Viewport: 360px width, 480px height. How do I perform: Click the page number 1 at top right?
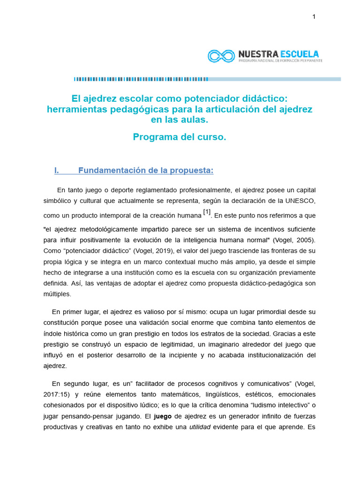(314, 17)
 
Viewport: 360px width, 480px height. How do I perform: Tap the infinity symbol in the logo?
(221, 56)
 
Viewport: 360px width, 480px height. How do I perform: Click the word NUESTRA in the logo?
(259, 54)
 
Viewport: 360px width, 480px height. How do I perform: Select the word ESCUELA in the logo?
(301, 54)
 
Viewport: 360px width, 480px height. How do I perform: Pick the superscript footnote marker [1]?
(207, 212)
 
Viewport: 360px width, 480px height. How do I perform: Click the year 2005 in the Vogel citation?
(304, 240)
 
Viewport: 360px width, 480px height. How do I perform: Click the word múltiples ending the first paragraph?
(58, 294)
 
